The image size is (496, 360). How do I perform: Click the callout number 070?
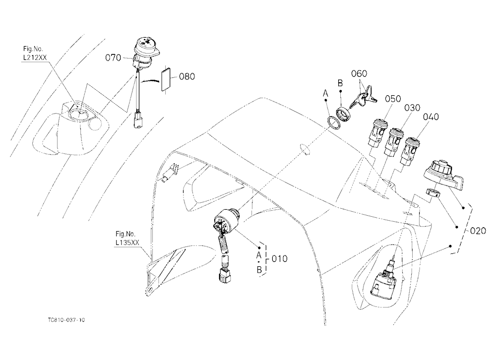point(113,58)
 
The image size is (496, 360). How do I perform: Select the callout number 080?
point(187,76)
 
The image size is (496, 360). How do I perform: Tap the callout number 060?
point(359,74)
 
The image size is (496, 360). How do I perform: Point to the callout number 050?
point(393,99)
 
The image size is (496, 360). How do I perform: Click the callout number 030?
point(412,108)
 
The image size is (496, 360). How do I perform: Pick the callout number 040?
point(431,117)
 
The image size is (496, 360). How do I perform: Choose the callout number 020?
point(478,231)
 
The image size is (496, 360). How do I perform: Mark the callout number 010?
point(280,259)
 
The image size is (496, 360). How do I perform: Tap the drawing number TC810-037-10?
point(66,320)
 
